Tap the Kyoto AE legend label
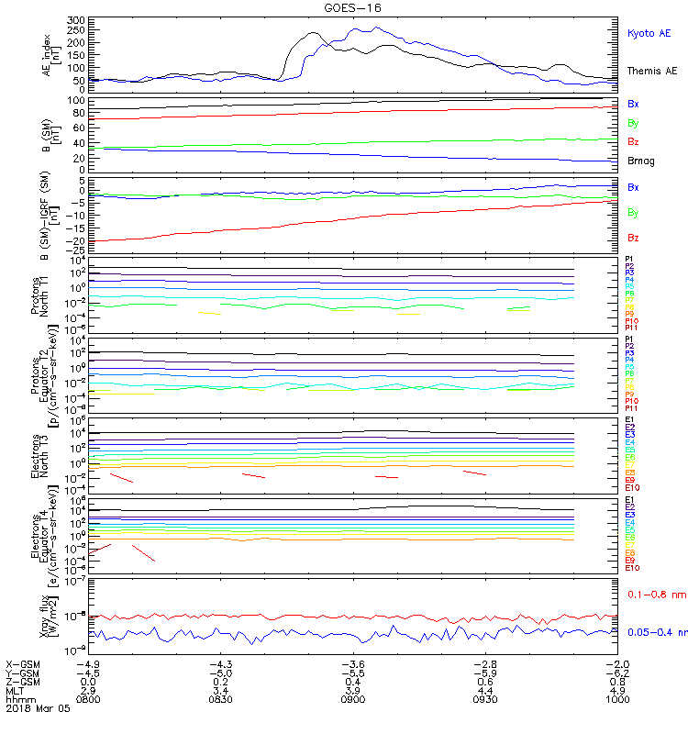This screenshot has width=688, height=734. click(649, 33)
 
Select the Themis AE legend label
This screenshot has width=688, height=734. click(651, 71)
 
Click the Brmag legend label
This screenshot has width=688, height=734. click(641, 161)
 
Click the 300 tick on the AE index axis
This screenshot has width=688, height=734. click(76, 19)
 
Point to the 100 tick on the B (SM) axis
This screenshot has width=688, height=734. click(76, 99)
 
